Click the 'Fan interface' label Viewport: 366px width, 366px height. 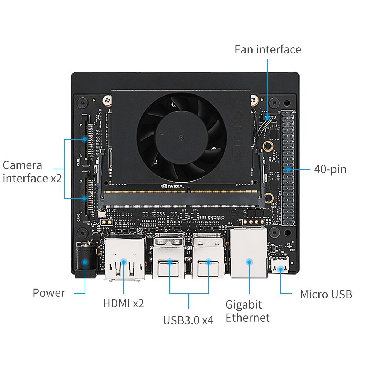tap(268, 49)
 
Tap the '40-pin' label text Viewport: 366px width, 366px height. tap(330, 169)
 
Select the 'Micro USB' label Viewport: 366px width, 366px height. tap(326, 294)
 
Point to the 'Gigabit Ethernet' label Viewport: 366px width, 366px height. tap(247, 311)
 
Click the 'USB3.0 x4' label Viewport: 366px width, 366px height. tap(188, 320)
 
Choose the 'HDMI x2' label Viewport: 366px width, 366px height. tap(123, 303)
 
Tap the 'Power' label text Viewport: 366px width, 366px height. tap(49, 293)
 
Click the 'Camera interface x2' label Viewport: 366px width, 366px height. tap(32, 172)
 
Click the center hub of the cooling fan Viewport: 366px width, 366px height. tap(181, 137)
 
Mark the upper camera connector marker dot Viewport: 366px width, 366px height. tap(85, 139)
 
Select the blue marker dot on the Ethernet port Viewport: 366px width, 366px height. tap(249, 262)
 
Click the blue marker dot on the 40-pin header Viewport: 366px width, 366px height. tap(288, 169)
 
